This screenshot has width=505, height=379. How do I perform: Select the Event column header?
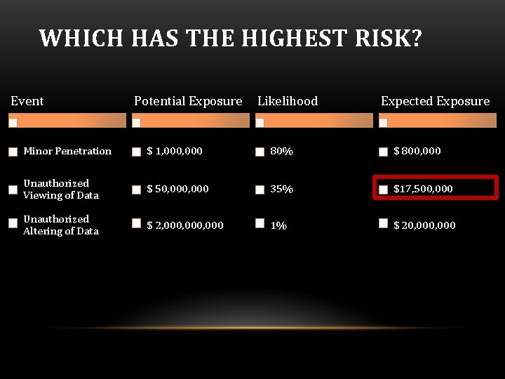click(27, 101)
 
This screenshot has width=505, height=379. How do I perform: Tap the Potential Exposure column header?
click(188, 101)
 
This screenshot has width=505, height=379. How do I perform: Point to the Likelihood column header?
click(288, 101)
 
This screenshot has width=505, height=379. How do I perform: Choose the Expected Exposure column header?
click(435, 101)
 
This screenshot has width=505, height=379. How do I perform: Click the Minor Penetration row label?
click(67, 151)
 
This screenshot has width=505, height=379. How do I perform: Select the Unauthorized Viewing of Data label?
click(61, 189)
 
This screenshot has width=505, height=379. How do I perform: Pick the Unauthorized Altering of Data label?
click(61, 225)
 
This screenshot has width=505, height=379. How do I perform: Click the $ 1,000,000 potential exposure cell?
click(175, 151)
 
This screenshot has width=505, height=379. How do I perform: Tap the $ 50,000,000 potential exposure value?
click(177, 189)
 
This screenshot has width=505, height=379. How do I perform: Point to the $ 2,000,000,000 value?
click(185, 225)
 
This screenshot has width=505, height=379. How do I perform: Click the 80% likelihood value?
click(282, 152)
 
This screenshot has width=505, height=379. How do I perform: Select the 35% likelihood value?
click(282, 189)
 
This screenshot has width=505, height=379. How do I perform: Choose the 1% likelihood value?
click(278, 226)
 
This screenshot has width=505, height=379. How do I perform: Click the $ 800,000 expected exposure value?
click(417, 151)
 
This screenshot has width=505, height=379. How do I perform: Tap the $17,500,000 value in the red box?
click(423, 189)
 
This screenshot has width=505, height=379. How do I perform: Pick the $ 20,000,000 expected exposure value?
click(424, 225)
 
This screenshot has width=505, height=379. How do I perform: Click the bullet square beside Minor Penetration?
click(13, 152)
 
